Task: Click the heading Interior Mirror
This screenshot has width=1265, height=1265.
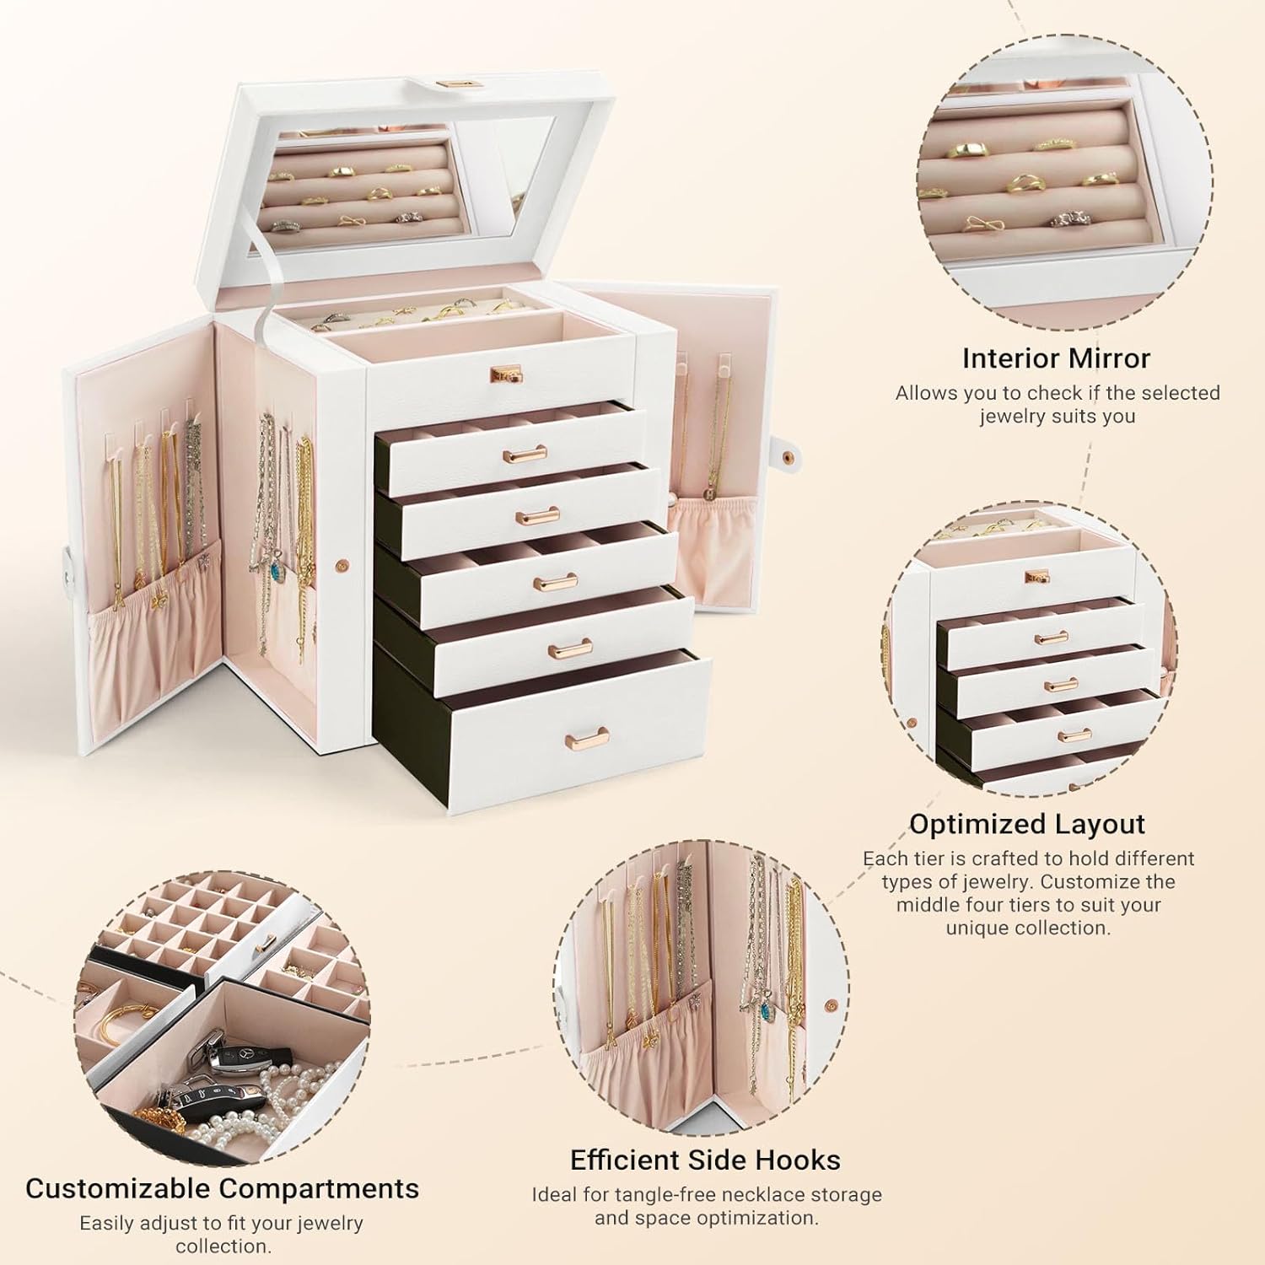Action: coord(1056,358)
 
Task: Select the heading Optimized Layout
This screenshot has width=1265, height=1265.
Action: coord(1026,824)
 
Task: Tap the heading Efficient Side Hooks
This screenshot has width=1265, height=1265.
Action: coord(705,1160)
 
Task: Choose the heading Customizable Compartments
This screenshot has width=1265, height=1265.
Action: coord(222,1188)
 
